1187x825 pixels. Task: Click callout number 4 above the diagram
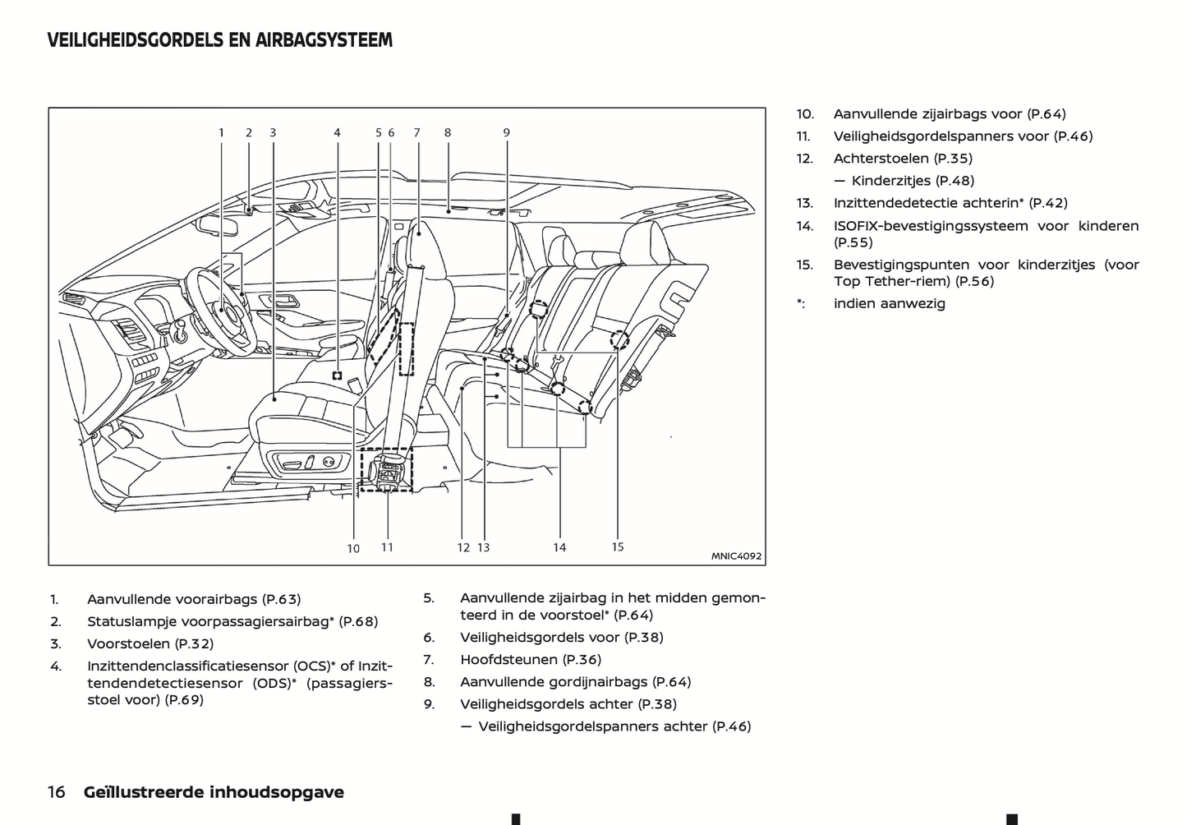(x=337, y=132)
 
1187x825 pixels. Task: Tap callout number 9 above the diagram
(x=507, y=132)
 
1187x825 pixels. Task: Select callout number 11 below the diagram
(x=387, y=547)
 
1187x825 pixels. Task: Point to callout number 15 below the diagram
(x=618, y=547)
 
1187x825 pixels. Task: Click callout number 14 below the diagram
(x=559, y=548)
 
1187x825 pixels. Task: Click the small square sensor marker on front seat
(x=337, y=376)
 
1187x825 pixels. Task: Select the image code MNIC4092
(x=736, y=556)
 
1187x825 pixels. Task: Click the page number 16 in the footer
(x=57, y=792)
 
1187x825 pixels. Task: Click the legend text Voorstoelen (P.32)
(x=150, y=644)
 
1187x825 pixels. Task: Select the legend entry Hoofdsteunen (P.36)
(x=531, y=659)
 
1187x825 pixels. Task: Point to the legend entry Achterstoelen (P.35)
(x=903, y=159)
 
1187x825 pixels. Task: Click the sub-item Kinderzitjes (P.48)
(x=913, y=181)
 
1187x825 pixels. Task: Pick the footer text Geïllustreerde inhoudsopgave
(x=214, y=792)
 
